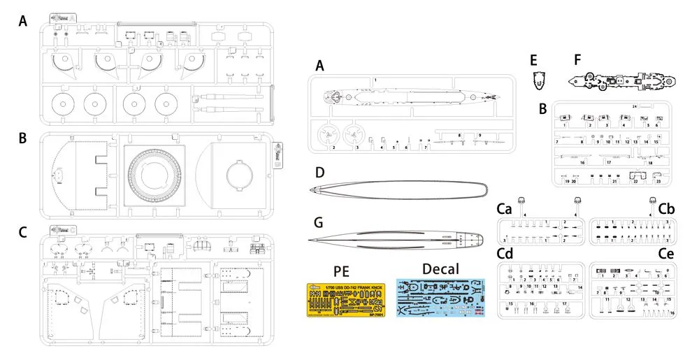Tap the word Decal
[x=440, y=269]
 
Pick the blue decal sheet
[x=440, y=299]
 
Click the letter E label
[x=534, y=59]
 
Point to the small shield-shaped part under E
[x=538, y=80]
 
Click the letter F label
[x=577, y=59]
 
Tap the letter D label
[x=319, y=171]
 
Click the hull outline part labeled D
[x=398, y=189]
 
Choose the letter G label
[x=319, y=223]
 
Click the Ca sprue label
[x=505, y=208]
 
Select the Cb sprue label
[x=666, y=208]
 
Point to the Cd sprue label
[x=505, y=252]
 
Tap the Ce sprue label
[x=666, y=252]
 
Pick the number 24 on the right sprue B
[x=634, y=106]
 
